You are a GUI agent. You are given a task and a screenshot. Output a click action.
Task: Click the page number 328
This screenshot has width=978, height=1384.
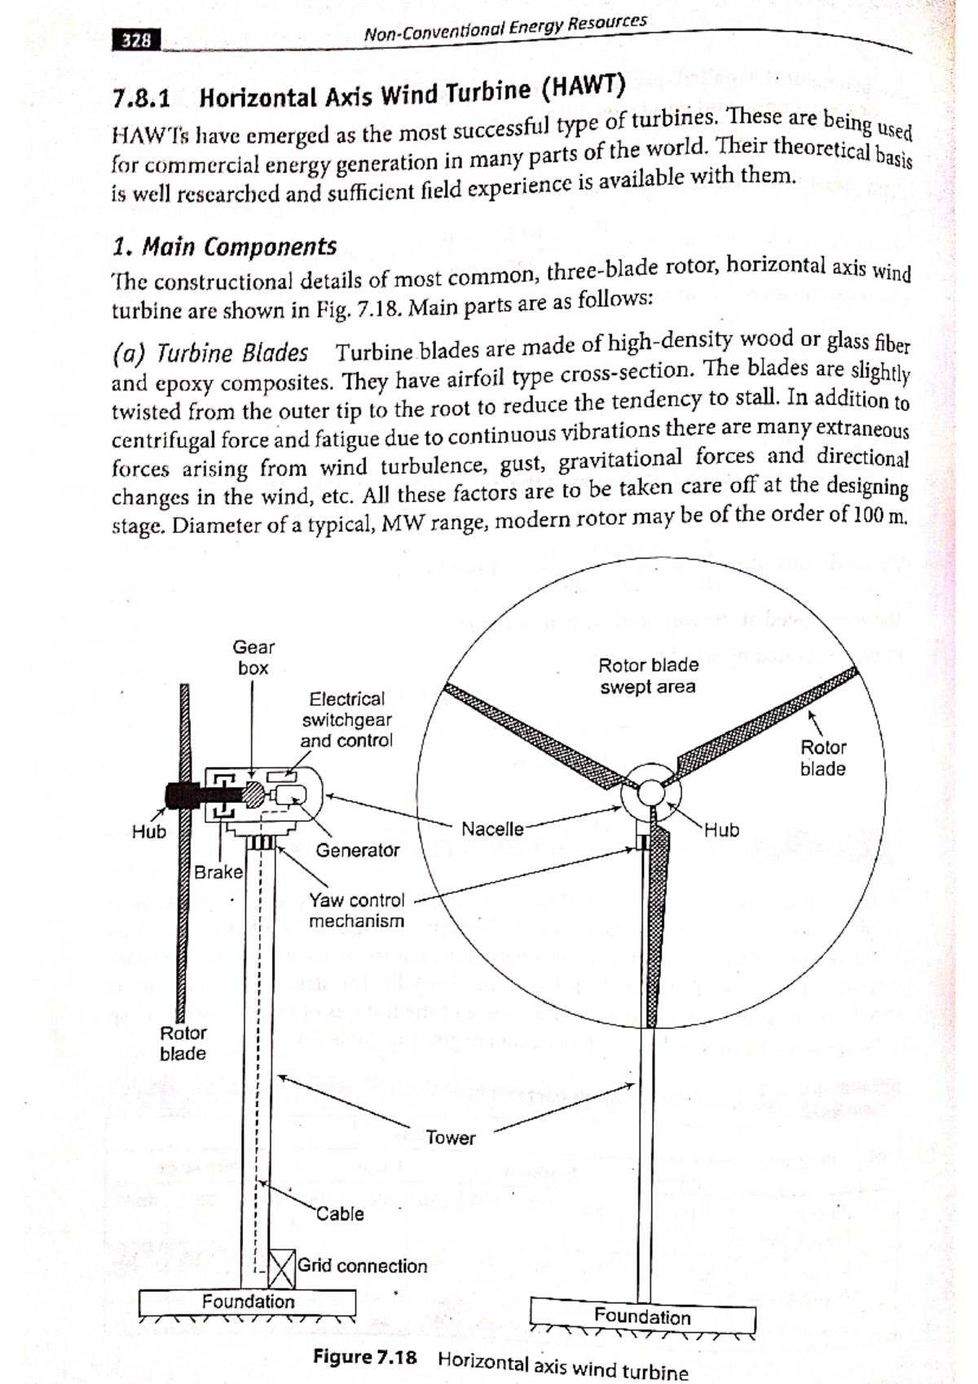pos(135,40)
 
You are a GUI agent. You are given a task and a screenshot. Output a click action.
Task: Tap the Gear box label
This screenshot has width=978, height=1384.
pos(253,658)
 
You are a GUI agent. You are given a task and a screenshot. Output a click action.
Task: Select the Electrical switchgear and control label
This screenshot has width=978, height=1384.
pos(346,720)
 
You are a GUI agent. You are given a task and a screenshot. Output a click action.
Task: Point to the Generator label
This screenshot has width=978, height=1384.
pos(358,850)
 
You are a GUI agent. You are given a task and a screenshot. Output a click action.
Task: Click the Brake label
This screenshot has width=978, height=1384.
pos(218,872)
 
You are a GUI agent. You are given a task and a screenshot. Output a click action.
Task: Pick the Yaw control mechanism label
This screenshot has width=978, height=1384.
pos(356,910)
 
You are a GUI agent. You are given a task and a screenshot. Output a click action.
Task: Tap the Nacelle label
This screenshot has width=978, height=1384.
pos(492,829)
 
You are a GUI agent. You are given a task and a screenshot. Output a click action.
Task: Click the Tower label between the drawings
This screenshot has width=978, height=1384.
pos(450,1138)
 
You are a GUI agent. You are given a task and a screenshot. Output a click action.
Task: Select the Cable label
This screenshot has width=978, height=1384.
pos(340,1214)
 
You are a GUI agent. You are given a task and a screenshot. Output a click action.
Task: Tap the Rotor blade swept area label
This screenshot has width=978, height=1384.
pos(649,676)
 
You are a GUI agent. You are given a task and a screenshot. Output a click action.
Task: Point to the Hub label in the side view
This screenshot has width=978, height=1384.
pos(149,831)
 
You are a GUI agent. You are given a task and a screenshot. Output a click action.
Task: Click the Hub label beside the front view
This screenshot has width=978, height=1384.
pos(721,830)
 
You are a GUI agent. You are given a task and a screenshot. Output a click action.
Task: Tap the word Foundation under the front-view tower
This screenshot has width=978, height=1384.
pos(642,1316)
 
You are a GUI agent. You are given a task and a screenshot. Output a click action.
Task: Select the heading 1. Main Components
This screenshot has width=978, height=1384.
pos(224,247)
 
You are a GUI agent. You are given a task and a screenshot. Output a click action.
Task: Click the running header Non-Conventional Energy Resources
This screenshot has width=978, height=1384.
pos(505,29)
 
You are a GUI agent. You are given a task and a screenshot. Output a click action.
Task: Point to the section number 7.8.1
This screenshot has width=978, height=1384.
pos(142,99)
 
